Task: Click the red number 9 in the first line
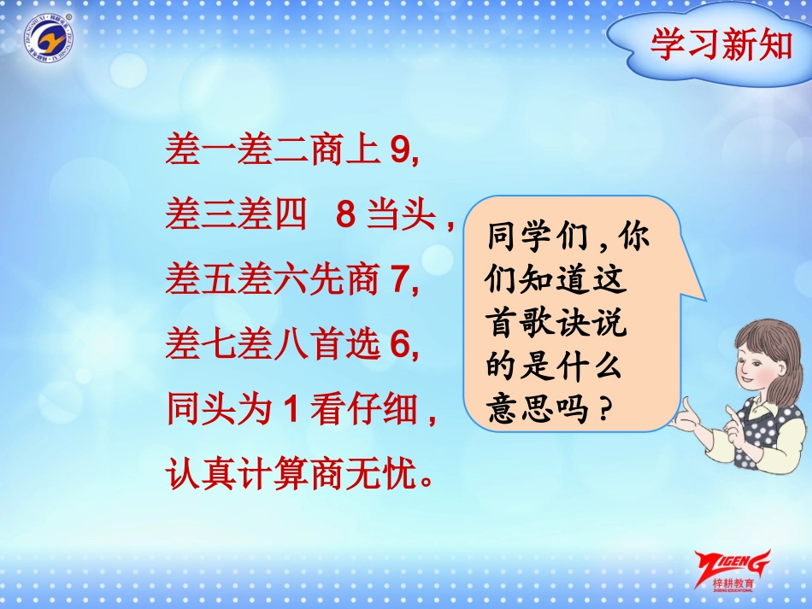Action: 399,151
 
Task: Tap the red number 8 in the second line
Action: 345,216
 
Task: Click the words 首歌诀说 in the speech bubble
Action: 556,324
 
